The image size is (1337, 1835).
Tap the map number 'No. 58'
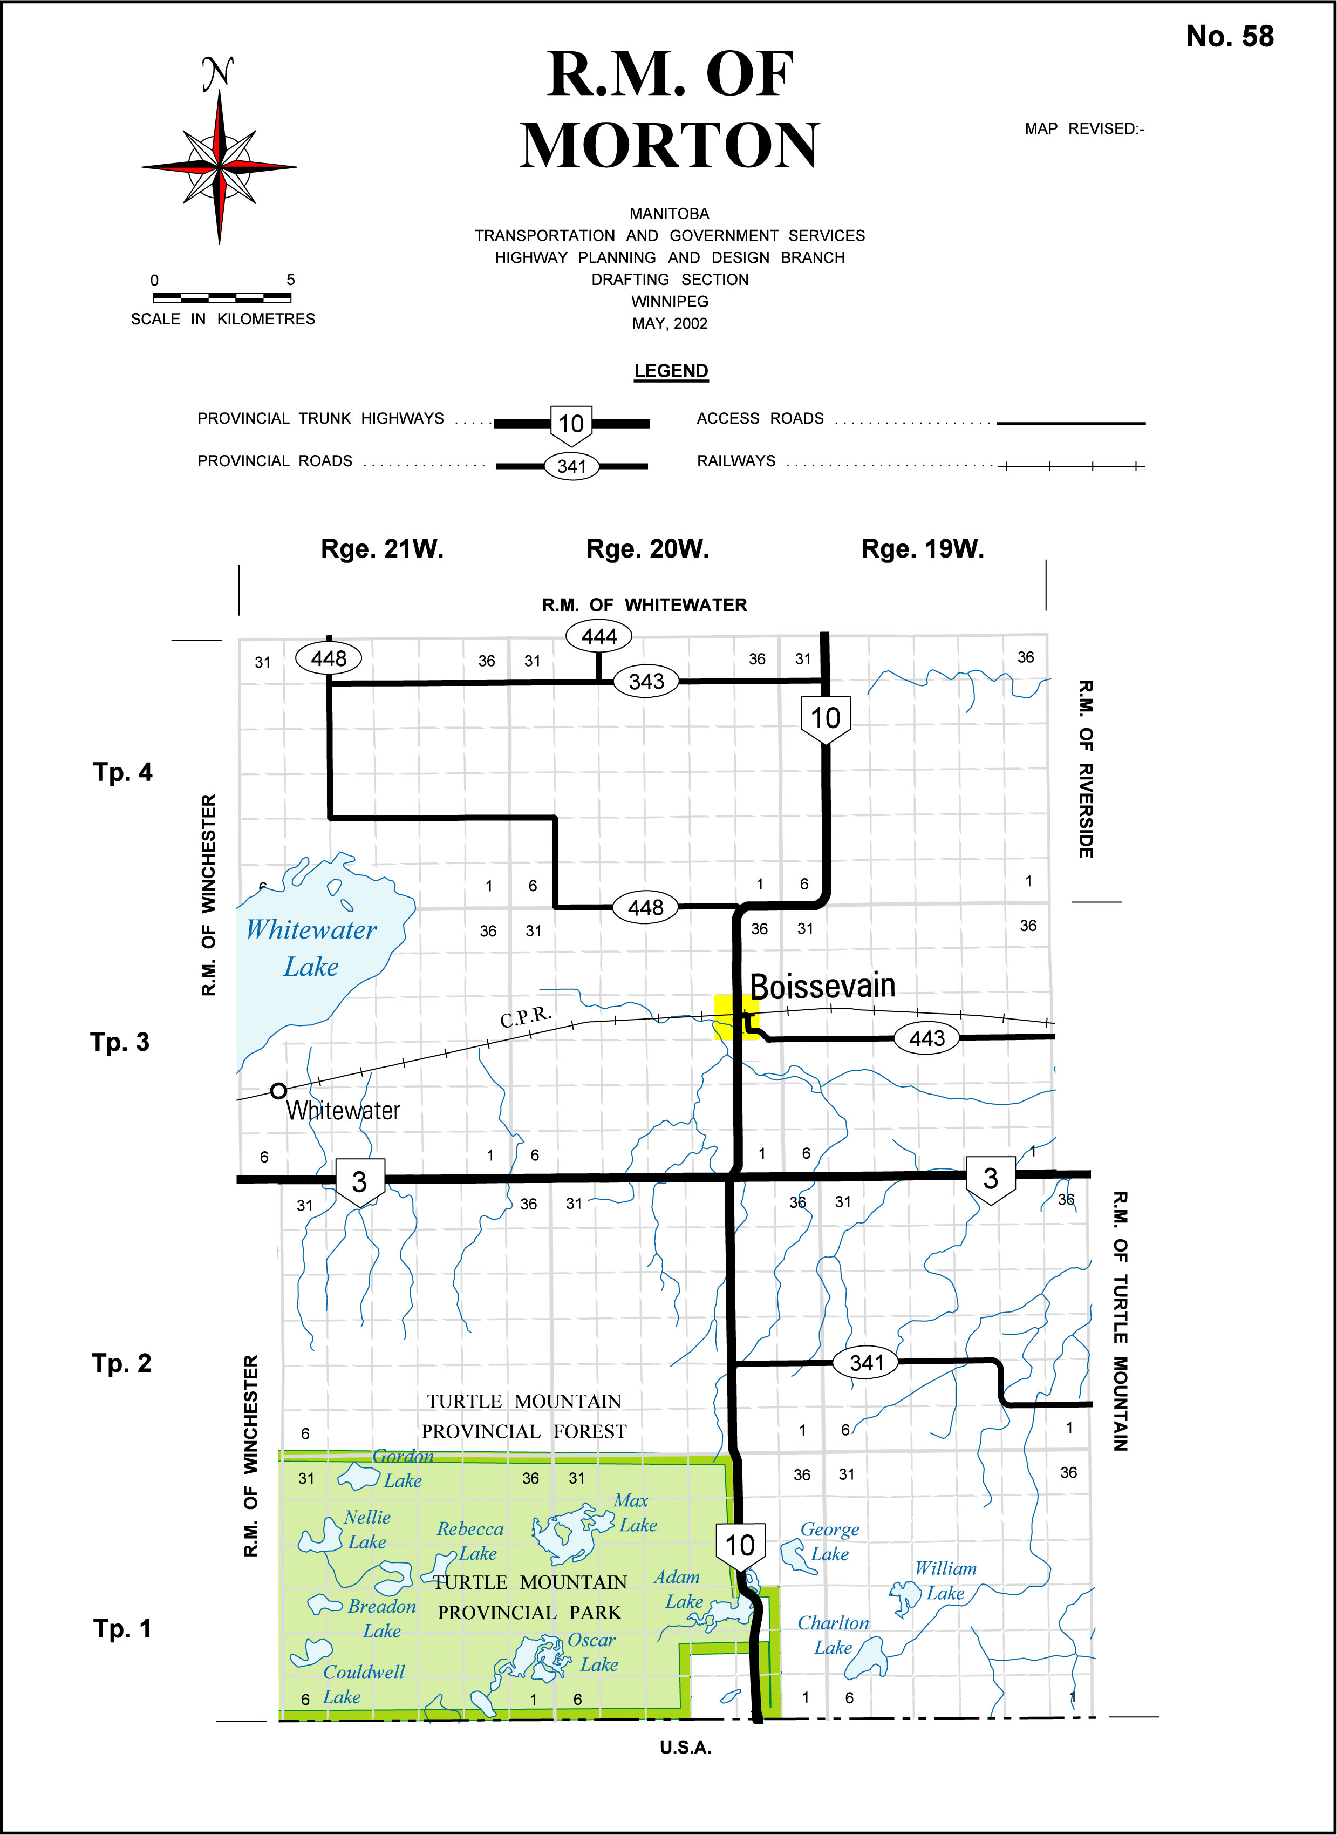pos(1229,36)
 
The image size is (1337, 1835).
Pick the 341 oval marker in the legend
pos(571,466)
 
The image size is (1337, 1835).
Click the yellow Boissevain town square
pos(736,1017)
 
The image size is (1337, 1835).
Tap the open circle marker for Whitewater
pos(278,1090)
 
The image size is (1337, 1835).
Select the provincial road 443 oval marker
pos(927,1038)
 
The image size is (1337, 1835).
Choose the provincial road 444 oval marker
pos(599,636)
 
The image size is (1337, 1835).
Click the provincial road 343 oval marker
pos(646,682)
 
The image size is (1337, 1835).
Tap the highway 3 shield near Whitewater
pos(359,1182)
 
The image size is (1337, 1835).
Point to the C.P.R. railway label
pos(526,1016)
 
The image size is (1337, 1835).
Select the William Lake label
pos(945,1581)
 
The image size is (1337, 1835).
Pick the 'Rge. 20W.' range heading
pos(647,549)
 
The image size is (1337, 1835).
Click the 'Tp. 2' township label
pos(121,1363)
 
